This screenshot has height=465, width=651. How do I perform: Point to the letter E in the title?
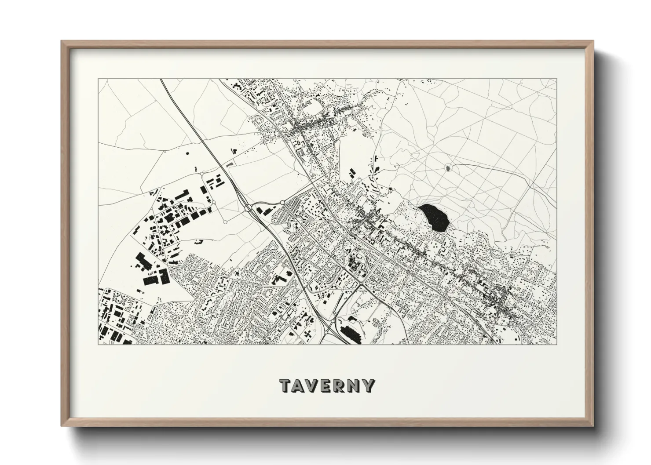[328, 385]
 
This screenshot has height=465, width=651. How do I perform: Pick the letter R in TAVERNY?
[341, 385]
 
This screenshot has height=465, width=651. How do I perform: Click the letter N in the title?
[355, 385]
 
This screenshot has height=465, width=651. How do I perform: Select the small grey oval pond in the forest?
[448, 167]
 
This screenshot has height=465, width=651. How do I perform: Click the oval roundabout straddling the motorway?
[249, 207]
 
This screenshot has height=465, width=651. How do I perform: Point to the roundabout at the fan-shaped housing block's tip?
[282, 202]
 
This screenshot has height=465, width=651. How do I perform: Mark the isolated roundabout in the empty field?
[225, 222]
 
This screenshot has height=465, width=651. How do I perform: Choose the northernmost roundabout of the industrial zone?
[202, 174]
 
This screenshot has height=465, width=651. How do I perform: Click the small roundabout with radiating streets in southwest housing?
[181, 316]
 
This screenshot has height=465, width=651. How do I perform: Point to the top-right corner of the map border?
[556, 79]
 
